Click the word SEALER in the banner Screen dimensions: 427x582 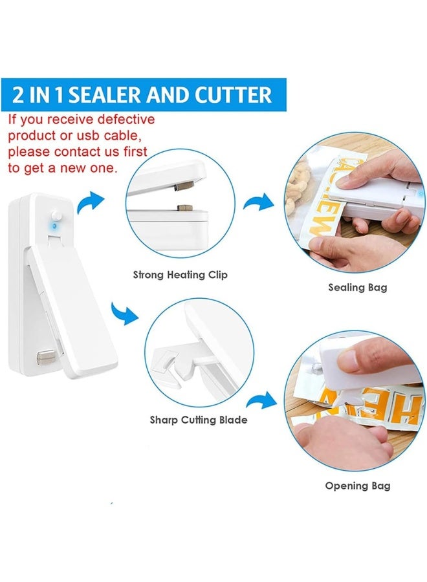point(105,94)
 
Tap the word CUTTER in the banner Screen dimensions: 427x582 point(233,94)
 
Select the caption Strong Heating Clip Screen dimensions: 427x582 point(180,275)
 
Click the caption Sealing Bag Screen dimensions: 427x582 point(357,287)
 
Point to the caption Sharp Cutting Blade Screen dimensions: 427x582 point(198,420)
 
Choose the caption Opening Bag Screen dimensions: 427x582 point(358,486)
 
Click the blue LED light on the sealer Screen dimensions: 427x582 point(54,226)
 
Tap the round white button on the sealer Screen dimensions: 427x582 point(56,215)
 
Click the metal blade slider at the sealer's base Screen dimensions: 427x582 point(46,358)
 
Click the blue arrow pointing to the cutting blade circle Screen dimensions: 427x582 point(125,313)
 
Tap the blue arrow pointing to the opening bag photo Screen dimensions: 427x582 point(262,400)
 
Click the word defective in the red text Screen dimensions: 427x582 point(126,120)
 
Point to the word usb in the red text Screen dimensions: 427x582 point(89,136)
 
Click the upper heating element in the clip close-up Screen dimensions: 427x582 point(184,184)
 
